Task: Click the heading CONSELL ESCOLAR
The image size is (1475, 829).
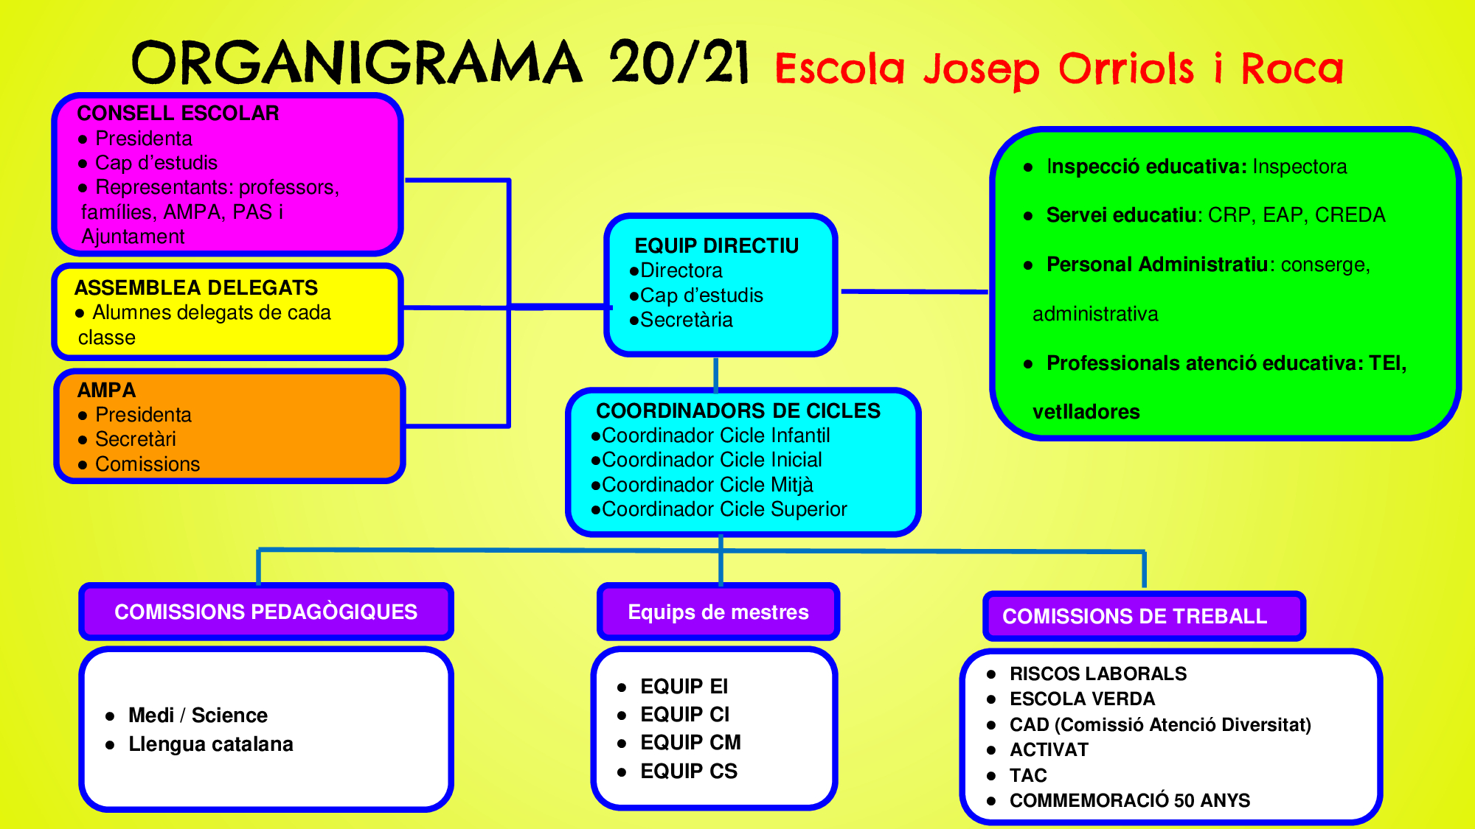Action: coord(178,113)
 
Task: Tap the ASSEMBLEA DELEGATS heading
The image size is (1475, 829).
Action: coord(195,287)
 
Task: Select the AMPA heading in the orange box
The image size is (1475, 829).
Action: coord(106,390)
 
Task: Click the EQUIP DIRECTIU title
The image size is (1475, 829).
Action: coord(716,246)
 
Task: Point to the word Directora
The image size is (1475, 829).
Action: coord(681,270)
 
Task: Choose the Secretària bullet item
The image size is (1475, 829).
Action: coord(686,320)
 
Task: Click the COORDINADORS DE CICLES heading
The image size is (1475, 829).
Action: coord(738,410)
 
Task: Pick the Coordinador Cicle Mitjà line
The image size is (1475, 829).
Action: coord(707,485)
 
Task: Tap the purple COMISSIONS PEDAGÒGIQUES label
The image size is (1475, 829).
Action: coord(265,612)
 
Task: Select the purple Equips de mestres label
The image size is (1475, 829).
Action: coord(718,612)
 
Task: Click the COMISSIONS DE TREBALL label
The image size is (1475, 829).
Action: coord(1134,616)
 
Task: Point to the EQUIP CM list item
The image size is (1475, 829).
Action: coord(690,742)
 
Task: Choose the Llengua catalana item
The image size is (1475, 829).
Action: coord(210,744)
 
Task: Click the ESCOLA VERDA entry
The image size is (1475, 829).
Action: coord(1082,699)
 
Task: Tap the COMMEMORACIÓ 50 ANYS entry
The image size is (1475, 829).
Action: coord(1129,800)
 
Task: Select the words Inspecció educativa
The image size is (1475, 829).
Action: coord(1146,167)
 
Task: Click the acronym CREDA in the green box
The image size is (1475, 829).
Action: coord(1350,215)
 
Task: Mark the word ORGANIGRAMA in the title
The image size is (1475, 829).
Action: coord(357,63)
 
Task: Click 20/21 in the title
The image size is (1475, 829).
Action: coord(678,63)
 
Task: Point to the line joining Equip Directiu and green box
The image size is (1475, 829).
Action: coord(914,292)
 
